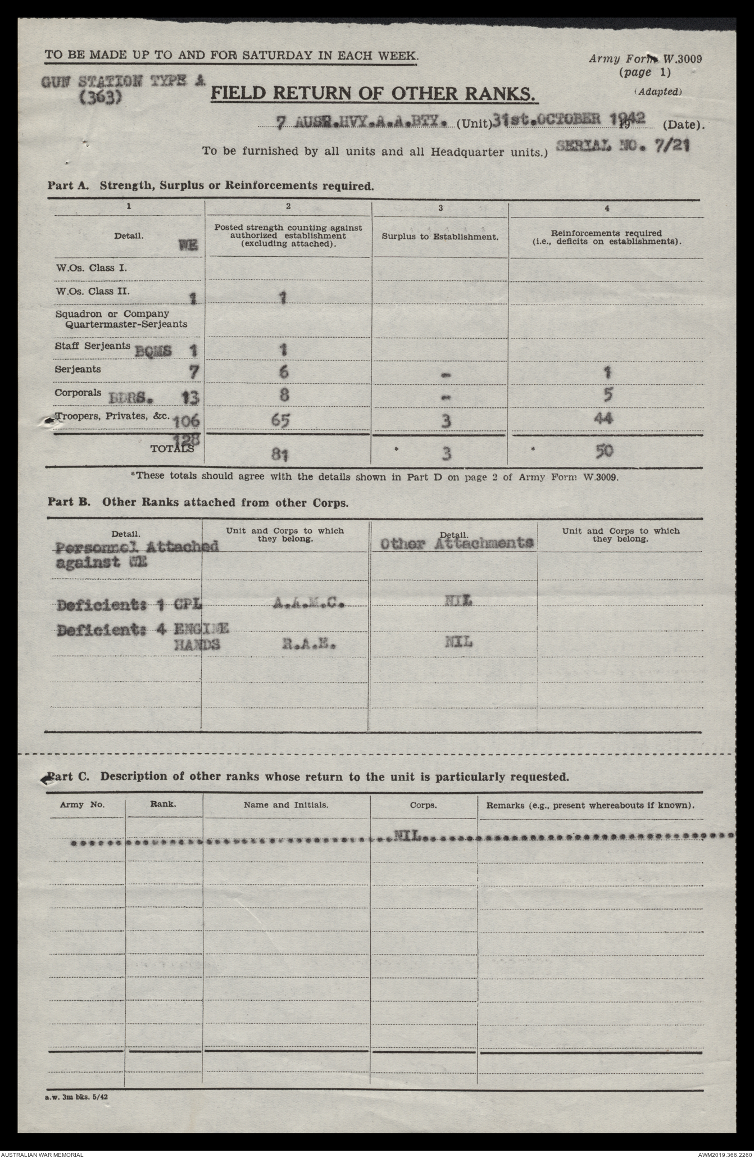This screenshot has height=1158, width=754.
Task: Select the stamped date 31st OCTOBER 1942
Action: coord(567,119)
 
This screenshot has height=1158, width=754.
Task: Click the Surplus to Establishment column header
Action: coord(440,237)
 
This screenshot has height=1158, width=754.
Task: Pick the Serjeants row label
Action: coord(78,369)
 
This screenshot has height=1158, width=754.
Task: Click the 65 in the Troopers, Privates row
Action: coord(284,420)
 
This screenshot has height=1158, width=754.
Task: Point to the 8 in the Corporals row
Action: coord(284,394)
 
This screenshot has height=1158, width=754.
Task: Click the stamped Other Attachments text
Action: coord(456,543)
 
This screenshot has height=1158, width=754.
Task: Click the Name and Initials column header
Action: coord(286,805)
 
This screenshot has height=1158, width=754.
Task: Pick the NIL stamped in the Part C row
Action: coord(407,836)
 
